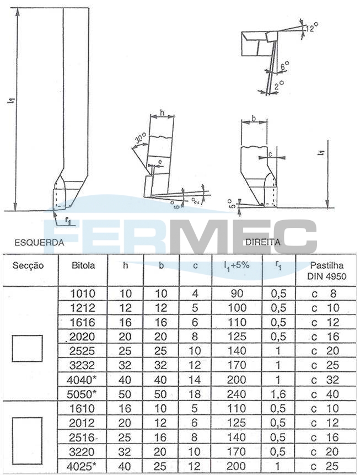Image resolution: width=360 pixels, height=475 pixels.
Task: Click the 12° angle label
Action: [311, 28]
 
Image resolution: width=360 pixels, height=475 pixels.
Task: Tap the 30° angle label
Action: [139, 138]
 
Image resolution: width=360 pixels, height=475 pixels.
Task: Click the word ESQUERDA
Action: [40, 243]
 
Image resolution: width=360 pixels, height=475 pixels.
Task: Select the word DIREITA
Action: [262, 242]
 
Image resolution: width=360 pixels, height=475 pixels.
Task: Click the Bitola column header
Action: [83, 266]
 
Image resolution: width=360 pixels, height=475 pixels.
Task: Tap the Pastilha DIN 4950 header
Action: [327, 271]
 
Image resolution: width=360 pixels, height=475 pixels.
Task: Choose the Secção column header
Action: [28, 266]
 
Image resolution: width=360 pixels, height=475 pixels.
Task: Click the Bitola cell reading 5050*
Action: [82, 394]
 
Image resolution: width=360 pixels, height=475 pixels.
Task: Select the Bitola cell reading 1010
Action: [82, 293]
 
